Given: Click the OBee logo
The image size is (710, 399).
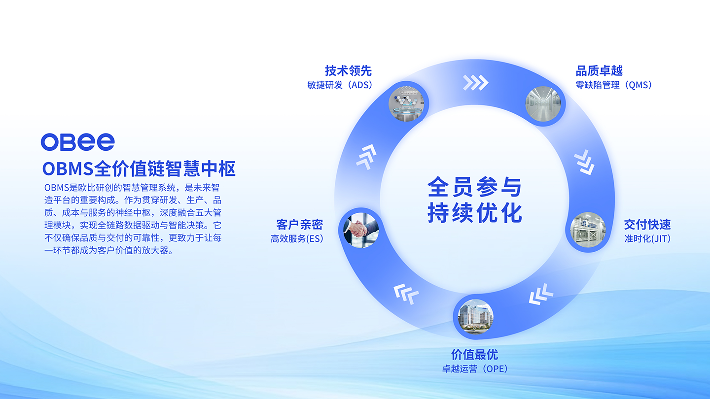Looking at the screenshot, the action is pyautogui.click(x=78, y=142).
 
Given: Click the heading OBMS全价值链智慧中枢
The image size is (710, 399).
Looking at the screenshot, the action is pyautogui.click(x=139, y=168).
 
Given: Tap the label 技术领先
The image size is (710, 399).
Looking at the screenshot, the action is pyautogui.click(x=348, y=70).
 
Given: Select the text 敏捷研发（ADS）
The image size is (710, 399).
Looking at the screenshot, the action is pyautogui.click(x=340, y=85).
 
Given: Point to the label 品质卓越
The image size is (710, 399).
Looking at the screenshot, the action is pyautogui.click(x=599, y=70).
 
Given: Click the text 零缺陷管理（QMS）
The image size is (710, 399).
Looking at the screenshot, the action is pyautogui.click(x=614, y=85).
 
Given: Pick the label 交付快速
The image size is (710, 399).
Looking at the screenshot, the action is pyautogui.click(x=647, y=225).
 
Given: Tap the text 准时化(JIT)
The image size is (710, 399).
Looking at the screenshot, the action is pyautogui.click(x=647, y=238).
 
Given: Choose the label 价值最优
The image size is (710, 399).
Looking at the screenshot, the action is pyautogui.click(x=474, y=355).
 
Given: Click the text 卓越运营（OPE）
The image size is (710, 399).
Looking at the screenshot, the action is pyautogui.click(x=475, y=368).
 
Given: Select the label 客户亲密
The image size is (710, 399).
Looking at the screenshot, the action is pyautogui.click(x=300, y=225).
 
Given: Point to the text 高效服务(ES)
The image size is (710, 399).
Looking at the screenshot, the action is pyautogui.click(x=297, y=238).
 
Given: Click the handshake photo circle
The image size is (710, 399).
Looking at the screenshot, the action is pyautogui.click(x=361, y=230).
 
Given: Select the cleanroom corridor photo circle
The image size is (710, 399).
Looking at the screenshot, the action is pyautogui.click(x=543, y=104).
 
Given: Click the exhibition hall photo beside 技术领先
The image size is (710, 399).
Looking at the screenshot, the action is pyautogui.click(x=406, y=104).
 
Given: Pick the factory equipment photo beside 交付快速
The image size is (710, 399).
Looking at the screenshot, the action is pyautogui.click(x=588, y=230).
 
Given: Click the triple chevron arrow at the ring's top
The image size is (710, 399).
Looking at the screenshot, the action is pyautogui.click(x=475, y=83).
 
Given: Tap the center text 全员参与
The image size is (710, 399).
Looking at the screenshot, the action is pyautogui.click(x=474, y=187).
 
